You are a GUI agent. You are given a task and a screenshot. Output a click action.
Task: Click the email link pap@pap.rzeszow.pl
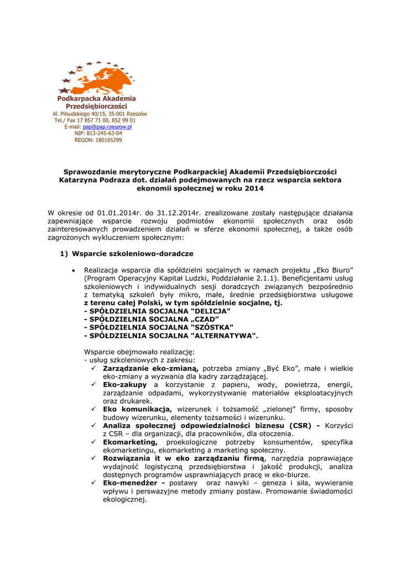[x=107, y=127]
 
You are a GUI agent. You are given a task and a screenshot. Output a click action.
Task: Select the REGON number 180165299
[x=106, y=140]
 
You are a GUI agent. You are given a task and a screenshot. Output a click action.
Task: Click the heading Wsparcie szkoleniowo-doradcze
[x=132, y=254]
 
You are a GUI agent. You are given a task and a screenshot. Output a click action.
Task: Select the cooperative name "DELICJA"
[x=210, y=311]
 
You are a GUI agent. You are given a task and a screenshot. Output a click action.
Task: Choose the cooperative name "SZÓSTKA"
[x=211, y=327]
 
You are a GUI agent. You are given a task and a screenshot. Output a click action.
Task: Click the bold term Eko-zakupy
[x=125, y=384]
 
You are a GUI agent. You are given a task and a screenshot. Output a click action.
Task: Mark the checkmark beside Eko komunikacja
[x=95, y=409]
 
